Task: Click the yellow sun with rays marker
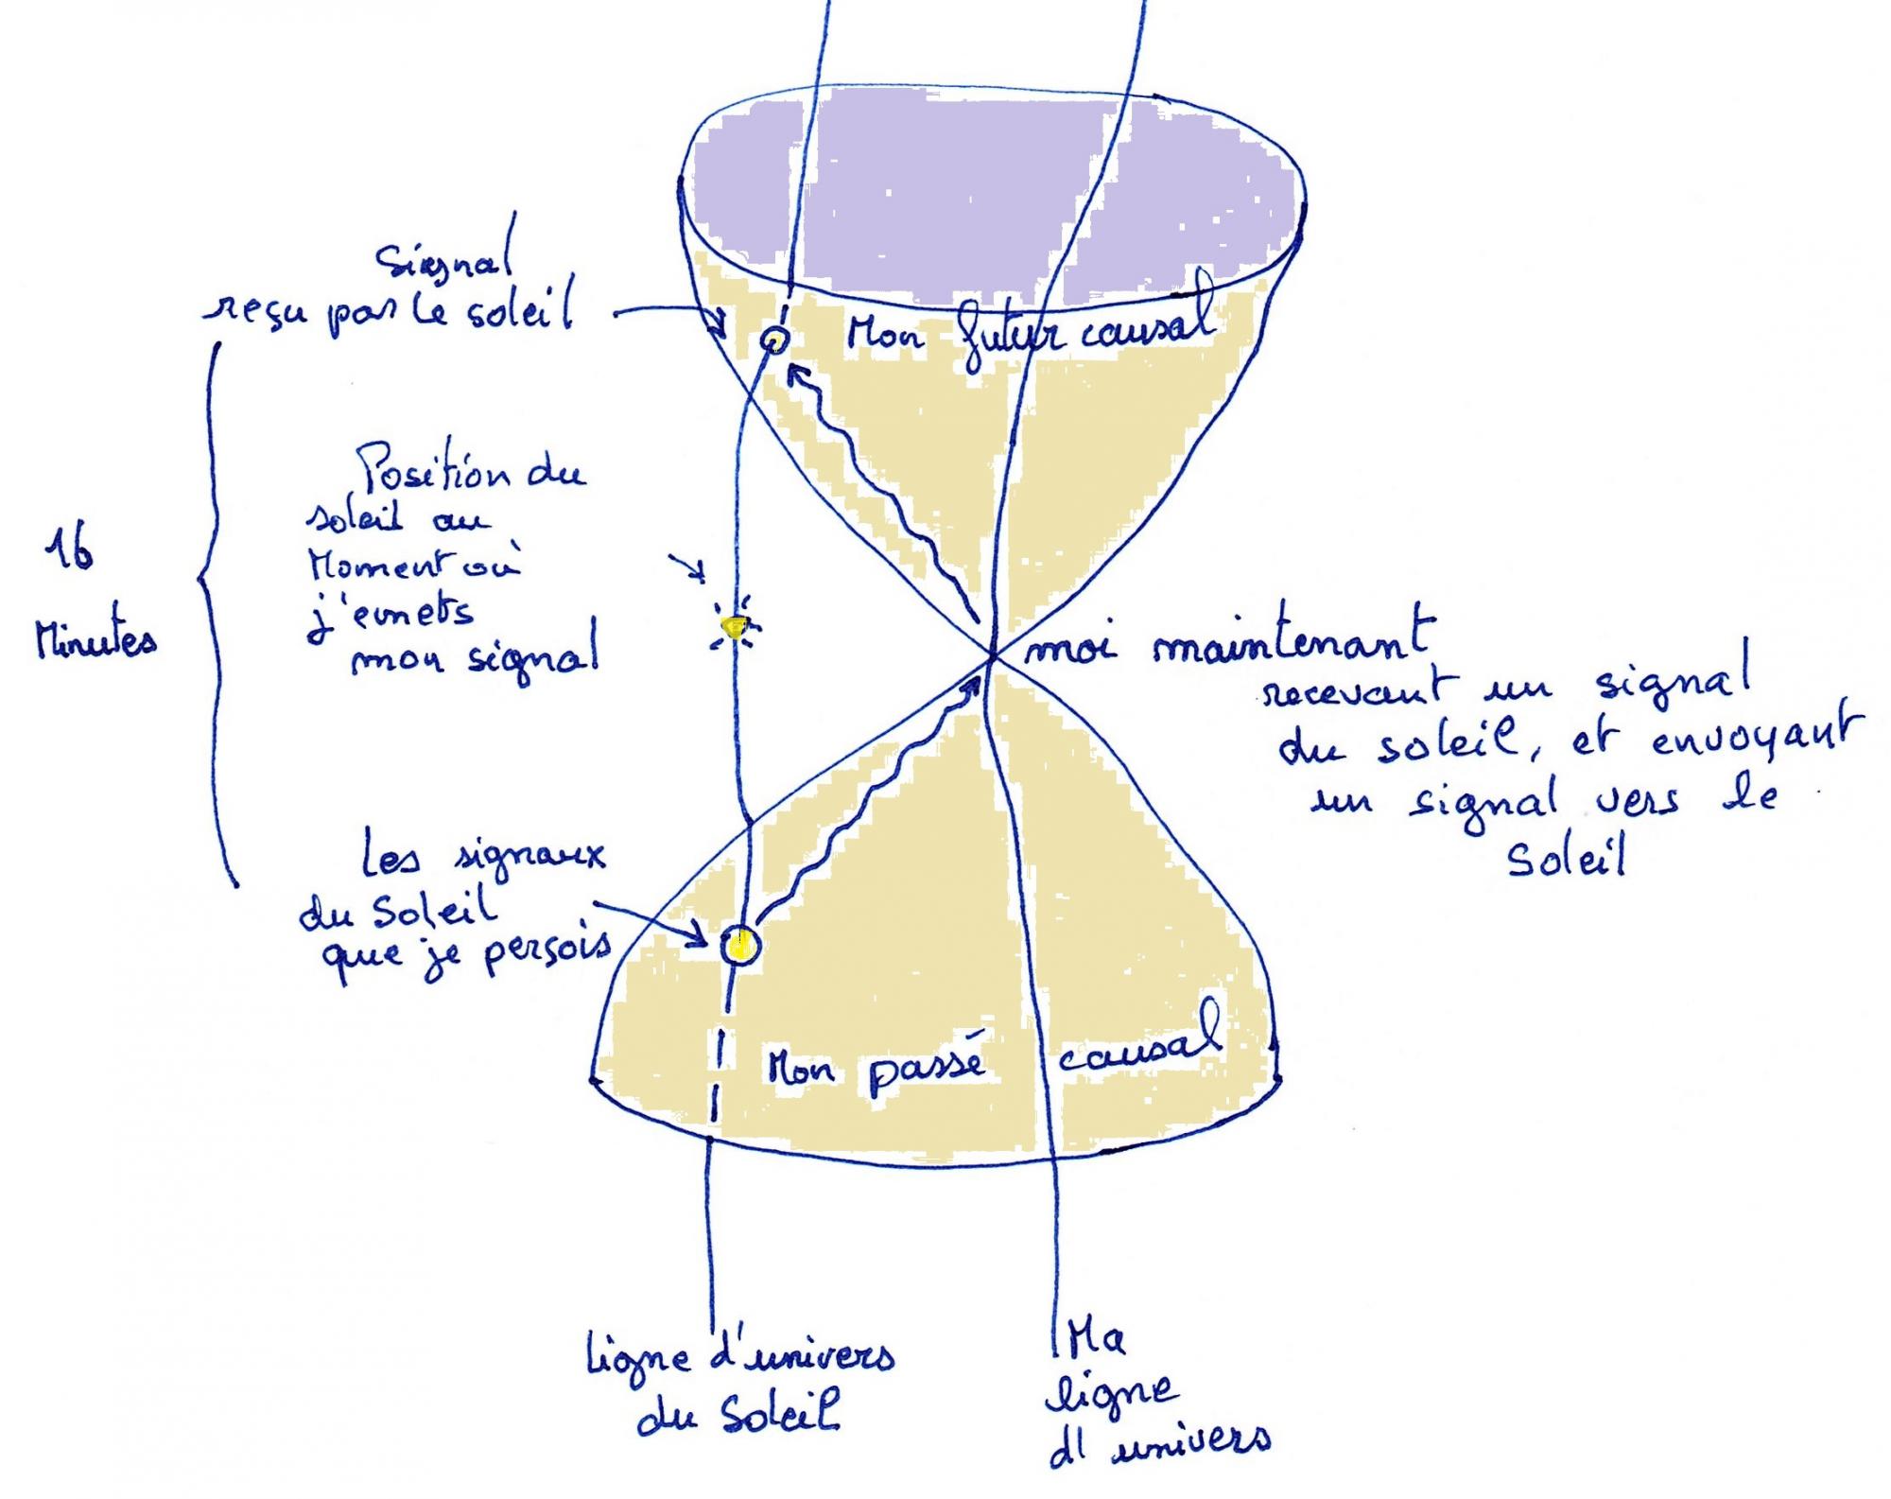point(735,625)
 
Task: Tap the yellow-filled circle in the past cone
point(740,944)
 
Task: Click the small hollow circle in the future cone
point(773,339)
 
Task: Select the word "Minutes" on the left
point(95,642)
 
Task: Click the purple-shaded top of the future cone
point(993,189)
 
